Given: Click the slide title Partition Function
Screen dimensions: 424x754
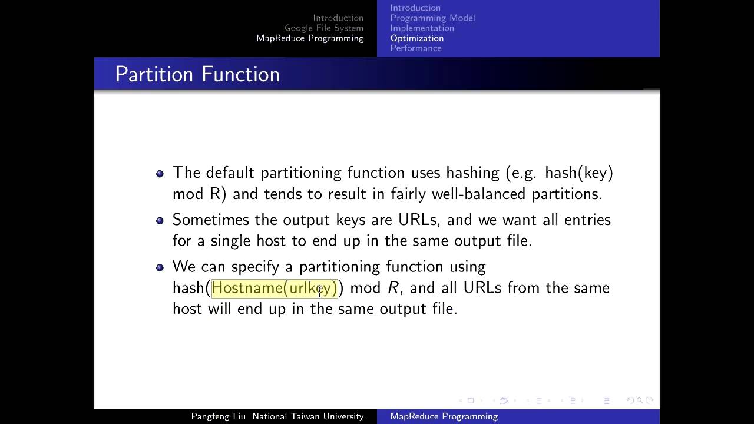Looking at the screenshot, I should (x=197, y=74).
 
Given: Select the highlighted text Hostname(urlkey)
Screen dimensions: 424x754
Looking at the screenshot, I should (x=274, y=288).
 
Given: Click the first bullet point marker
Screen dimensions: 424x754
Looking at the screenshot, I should (x=160, y=174).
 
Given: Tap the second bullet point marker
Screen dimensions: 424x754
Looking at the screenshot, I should (x=160, y=221).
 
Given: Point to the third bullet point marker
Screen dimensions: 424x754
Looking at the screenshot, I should (x=160, y=267).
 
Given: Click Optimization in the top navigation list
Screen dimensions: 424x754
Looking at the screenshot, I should (x=416, y=38).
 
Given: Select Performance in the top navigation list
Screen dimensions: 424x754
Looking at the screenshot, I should (x=415, y=48).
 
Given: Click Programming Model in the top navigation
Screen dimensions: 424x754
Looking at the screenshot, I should (x=432, y=18).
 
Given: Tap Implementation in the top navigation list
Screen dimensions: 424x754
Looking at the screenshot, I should (x=422, y=28).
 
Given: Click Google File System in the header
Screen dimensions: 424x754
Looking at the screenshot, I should (x=323, y=28).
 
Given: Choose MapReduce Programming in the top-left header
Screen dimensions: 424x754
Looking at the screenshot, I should (x=310, y=38).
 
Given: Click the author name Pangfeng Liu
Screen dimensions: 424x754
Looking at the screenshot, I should (x=219, y=416).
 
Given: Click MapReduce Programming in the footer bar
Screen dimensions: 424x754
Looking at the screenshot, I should (x=444, y=416).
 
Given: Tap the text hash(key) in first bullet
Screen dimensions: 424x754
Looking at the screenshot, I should (x=579, y=173).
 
